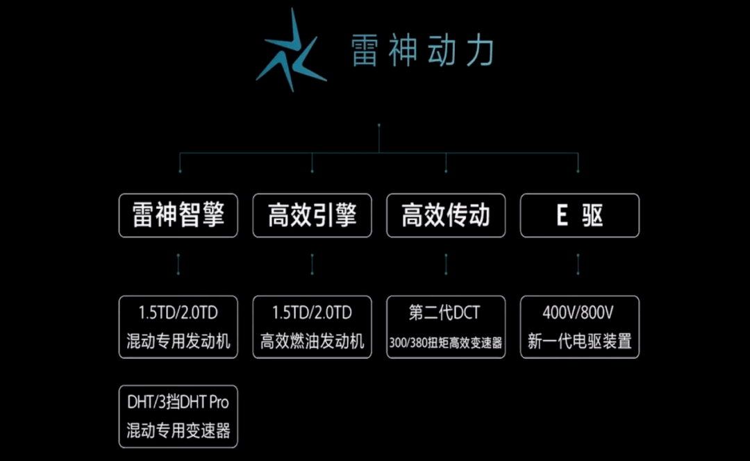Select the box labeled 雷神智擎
tap(178, 216)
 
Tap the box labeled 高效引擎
tap(312, 216)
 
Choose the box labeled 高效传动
tap(446, 216)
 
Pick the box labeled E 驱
tap(579, 216)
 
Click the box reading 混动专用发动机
tap(178, 327)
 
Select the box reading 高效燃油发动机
tap(312, 327)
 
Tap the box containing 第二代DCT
tap(446, 327)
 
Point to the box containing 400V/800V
tap(579, 327)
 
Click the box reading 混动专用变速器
tap(178, 417)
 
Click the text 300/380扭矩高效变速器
tap(446, 343)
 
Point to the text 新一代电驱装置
tap(579, 342)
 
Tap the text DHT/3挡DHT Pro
tap(178, 402)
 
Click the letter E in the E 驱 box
tap(562, 216)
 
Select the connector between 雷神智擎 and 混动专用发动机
tap(178, 264)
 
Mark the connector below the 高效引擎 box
tap(312, 264)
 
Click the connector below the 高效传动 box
tap(446, 264)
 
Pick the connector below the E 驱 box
tap(579, 264)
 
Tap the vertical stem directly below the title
tap(379, 137)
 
